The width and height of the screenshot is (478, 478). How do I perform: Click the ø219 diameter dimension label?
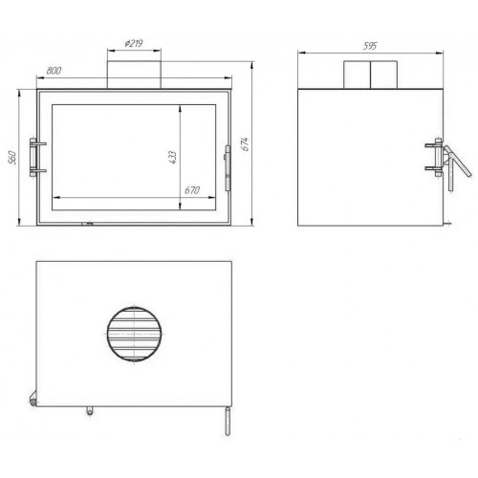pos(134,43)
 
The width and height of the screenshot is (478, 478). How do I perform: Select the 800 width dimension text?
pos(54,71)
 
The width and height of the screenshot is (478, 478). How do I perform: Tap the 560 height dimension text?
pos(12,157)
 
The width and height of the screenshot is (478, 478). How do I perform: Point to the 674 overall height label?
pos(245,144)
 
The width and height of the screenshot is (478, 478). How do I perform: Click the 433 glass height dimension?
pos(172,157)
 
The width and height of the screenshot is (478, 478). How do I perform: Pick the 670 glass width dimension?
pos(192,190)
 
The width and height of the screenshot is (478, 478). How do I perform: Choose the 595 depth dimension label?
pos(370,46)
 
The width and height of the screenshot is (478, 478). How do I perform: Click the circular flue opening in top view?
pos(134,334)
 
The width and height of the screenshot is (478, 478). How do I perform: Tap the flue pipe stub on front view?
pos(134,75)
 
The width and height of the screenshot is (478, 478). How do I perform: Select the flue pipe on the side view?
pos(370,75)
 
